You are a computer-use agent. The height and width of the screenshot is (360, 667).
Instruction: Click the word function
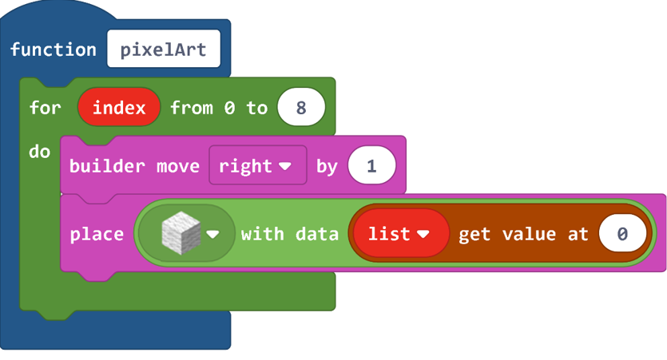click(x=54, y=49)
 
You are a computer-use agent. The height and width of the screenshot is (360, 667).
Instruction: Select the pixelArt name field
click(x=164, y=49)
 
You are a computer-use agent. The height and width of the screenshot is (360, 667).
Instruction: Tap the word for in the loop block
click(x=45, y=107)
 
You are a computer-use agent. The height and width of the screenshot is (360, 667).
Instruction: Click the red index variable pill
click(x=119, y=107)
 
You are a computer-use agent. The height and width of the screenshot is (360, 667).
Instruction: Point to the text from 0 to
click(x=219, y=108)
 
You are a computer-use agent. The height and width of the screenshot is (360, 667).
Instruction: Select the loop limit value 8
click(x=301, y=107)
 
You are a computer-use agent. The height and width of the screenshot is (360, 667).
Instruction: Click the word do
click(x=40, y=152)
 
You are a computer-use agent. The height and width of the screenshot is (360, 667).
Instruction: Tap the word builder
click(x=107, y=165)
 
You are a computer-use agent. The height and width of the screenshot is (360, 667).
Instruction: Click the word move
click(x=178, y=166)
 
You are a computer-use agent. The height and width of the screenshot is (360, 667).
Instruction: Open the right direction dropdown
click(x=258, y=165)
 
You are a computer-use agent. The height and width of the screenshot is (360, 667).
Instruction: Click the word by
click(x=327, y=167)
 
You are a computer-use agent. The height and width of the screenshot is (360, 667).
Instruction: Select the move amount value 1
click(x=371, y=165)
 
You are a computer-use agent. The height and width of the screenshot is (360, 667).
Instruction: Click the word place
click(x=97, y=234)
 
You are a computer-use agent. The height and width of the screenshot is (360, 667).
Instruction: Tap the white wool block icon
click(x=181, y=233)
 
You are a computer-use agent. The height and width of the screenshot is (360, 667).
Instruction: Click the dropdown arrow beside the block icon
click(x=212, y=234)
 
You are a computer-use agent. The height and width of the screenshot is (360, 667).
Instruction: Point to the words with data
click(x=290, y=234)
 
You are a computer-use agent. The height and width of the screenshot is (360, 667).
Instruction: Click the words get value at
click(x=523, y=234)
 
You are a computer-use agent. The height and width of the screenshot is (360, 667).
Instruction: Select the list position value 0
click(x=622, y=233)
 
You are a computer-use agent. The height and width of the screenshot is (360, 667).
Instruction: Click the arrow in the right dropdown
click(x=285, y=166)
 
